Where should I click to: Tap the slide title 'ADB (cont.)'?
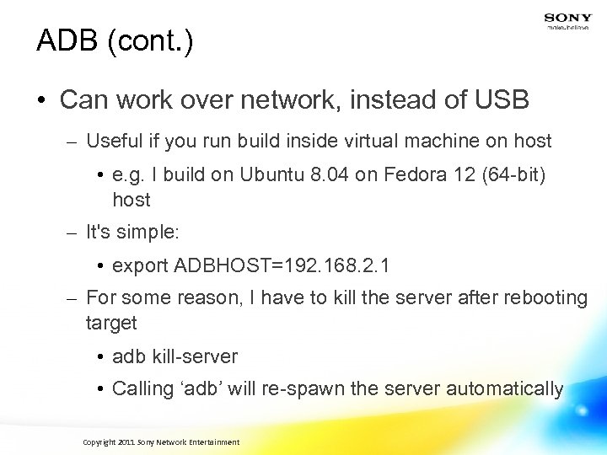pyautogui.click(x=115, y=41)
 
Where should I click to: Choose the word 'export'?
pyautogui.click(x=140, y=267)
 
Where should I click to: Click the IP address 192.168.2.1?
pyautogui.click(x=331, y=267)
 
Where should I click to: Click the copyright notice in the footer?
pyautogui.click(x=161, y=442)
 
